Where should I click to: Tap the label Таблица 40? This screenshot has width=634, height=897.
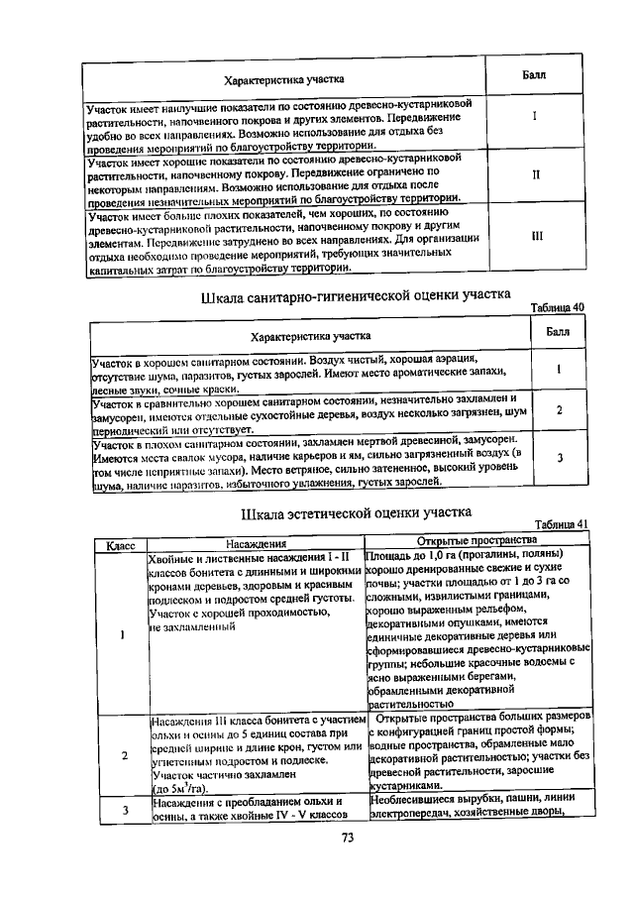pyautogui.click(x=558, y=307)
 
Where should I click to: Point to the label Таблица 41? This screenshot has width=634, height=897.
pyautogui.click(x=561, y=524)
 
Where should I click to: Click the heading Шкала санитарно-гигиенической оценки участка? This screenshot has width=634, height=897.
pyautogui.click(x=356, y=294)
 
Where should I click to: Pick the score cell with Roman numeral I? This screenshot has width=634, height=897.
pyautogui.click(x=534, y=117)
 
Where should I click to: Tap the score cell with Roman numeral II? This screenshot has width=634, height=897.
pyautogui.click(x=535, y=174)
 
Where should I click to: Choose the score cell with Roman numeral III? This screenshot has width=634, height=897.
pyautogui.click(x=536, y=236)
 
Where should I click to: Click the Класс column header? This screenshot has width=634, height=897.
pyautogui.click(x=120, y=543)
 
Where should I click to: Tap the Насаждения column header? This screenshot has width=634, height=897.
pyautogui.click(x=257, y=543)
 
